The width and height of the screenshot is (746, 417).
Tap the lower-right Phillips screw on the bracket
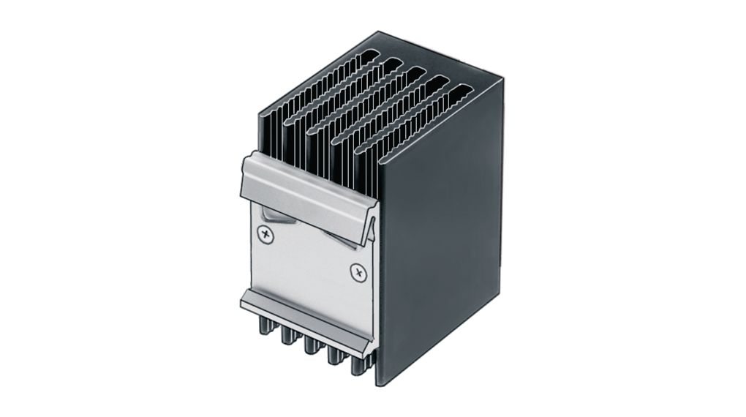point(358,273)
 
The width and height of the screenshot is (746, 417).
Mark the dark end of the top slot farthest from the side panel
point(371,54)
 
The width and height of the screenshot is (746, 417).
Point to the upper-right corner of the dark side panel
point(502,80)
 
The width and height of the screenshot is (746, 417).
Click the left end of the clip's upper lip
point(244,176)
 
